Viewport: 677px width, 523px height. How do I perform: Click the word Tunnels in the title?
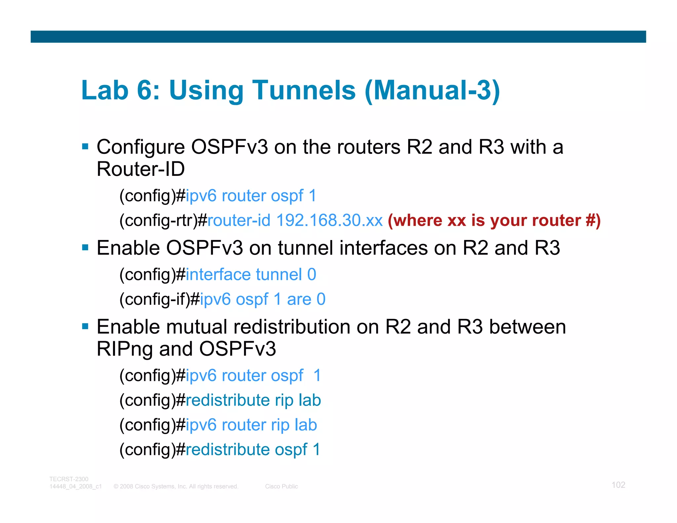(x=304, y=90)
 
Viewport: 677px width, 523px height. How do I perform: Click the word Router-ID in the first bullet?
(x=140, y=169)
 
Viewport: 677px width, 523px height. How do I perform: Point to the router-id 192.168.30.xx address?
(x=295, y=220)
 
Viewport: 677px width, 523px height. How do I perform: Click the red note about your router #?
(x=494, y=220)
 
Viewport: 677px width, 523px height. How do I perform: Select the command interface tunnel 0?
(x=251, y=274)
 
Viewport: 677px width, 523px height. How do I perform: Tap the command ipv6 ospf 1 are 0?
(x=263, y=299)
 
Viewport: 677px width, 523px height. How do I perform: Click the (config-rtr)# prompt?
(x=163, y=220)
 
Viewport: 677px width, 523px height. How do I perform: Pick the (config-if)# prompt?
(x=159, y=299)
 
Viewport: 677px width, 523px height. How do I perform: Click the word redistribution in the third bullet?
(x=292, y=327)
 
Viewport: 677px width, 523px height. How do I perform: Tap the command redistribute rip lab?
(x=253, y=400)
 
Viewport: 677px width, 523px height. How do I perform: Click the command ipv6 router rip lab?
(x=251, y=425)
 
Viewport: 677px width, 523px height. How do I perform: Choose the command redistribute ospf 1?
(x=253, y=450)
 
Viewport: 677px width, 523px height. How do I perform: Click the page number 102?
(x=618, y=485)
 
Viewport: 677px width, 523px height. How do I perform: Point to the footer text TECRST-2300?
(x=69, y=479)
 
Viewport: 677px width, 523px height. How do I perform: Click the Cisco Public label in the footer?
(x=281, y=486)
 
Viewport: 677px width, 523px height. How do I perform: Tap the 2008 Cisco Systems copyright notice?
(x=176, y=486)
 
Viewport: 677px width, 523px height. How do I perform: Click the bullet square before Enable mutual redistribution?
(x=85, y=327)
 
